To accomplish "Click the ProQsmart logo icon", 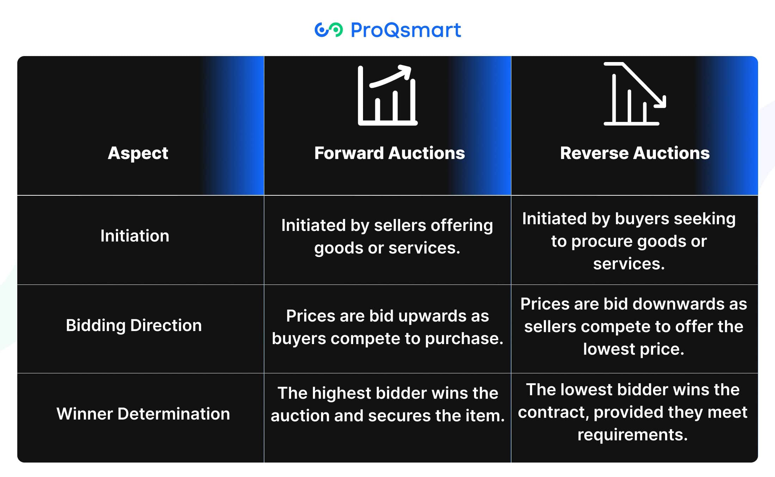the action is click(x=328, y=30).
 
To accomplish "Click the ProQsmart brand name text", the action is click(x=406, y=30).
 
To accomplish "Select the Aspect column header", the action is click(x=138, y=153).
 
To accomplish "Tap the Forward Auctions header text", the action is click(x=389, y=153).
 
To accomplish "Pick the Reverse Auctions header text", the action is click(x=635, y=153).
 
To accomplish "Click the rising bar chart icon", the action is click(x=388, y=95).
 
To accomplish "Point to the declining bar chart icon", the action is click(x=635, y=94).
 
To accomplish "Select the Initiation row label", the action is click(x=135, y=236).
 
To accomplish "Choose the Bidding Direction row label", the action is click(x=134, y=325).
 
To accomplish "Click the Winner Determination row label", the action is click(x=143, y=414).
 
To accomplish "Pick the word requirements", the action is click(x=632, y=435).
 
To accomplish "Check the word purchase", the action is click(x=464, y=339).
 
